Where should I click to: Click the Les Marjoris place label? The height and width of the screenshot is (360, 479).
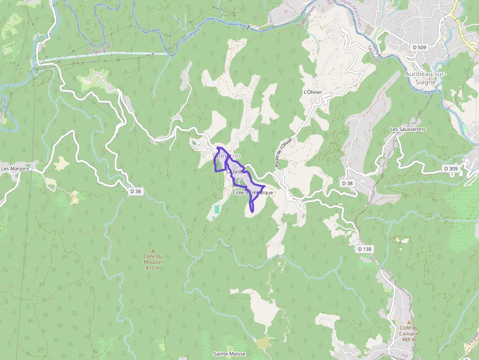tap(15, 169)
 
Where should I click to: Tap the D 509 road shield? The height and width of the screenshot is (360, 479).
tap(419, 47)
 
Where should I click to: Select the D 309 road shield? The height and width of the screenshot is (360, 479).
tap(451, 169)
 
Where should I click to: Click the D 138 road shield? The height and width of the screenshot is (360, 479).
tap(365, 249)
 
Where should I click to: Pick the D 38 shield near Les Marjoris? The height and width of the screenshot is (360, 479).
tap(135, 191)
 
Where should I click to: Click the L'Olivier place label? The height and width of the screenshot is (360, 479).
tap(313, 92)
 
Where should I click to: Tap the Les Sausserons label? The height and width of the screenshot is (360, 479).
tap(408, 129)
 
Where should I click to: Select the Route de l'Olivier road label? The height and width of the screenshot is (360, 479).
tap(283, 152)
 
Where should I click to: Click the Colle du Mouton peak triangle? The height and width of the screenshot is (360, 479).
tap(152, 251)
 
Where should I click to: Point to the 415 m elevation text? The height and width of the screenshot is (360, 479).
tap(152, 268)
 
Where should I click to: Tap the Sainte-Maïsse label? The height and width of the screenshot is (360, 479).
tap(229, 354)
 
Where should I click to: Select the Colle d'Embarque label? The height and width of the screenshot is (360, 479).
tap(253, 192)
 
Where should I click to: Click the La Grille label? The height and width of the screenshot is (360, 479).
tap(235, 171)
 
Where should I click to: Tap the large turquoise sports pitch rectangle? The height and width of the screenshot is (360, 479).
tap(216, 210)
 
